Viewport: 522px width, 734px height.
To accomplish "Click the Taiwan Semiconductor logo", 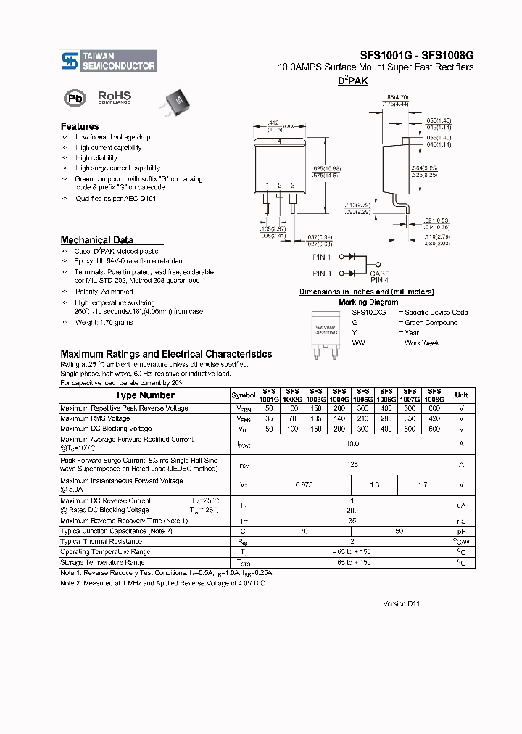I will click(x=108, y=61).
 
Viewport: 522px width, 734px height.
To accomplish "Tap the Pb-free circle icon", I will click(x=75, y=98).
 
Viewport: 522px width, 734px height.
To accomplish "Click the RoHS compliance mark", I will click(x=115, y=97).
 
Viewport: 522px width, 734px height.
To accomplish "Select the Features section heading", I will click(x=80, y=126).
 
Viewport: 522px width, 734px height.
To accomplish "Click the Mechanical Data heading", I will click(x=96, y=240).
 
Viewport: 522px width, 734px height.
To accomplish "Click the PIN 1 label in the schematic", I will click(x=322, y=257).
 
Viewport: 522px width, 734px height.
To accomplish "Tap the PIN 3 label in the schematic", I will click(x=322, y=273).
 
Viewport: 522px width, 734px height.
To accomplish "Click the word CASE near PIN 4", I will click(x=380, y=273).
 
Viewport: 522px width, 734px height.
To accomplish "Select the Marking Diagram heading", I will click(x=368, y=302).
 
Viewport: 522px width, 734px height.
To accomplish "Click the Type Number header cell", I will click(x=145, y=395).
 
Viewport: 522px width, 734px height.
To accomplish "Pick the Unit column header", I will click(x=461, y=395).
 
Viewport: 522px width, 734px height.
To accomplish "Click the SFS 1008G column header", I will click(x=434, y=395).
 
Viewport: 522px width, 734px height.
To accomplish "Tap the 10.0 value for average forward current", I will click(x=352, y=443).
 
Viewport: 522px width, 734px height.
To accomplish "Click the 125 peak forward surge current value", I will click(x=352, y=464).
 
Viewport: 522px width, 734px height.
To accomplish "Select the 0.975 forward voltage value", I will click(x=304, y=484).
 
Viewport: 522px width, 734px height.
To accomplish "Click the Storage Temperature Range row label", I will click(x=102, y=562).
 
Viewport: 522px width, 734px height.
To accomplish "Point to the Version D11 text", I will click(x=402, y=603).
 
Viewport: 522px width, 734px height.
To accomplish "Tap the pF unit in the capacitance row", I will click(x=461, y=532).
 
